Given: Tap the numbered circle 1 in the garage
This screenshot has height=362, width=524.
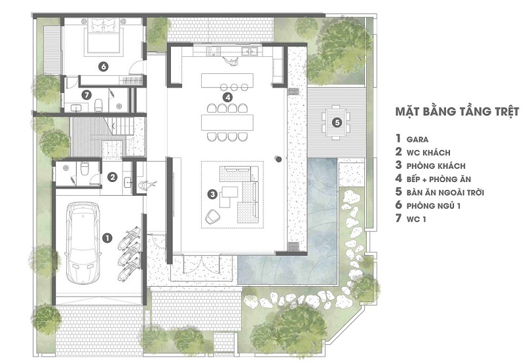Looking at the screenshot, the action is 107,238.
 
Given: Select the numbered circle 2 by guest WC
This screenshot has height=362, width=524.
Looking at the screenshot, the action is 113,177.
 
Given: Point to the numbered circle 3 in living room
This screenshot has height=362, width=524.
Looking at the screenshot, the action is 212,194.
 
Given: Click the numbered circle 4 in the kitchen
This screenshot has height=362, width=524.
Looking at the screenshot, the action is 227,98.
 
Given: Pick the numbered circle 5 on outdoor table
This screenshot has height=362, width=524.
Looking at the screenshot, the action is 337,122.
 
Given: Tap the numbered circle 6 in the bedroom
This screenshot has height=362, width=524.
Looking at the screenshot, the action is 103,67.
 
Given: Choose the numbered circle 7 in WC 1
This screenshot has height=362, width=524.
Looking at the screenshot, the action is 86,95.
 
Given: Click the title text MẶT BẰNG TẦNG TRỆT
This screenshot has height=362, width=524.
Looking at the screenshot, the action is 457,111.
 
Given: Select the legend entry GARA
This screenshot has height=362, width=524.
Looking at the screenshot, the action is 417,139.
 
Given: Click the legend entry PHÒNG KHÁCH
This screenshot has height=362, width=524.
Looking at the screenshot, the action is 436,166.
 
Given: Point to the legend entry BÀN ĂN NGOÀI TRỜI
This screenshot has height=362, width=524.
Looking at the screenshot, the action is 445,192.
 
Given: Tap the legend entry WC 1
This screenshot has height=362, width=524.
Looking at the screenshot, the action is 416,219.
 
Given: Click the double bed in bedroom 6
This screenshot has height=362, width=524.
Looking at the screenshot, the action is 104,35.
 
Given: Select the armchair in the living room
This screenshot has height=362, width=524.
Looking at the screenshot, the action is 212,217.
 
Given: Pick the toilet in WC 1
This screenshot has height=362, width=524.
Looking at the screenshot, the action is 99,105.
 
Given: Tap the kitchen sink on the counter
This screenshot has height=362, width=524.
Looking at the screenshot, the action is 250,51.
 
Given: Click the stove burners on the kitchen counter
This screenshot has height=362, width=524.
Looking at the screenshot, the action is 214,51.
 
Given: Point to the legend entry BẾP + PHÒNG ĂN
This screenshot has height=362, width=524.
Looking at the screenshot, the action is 439,179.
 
